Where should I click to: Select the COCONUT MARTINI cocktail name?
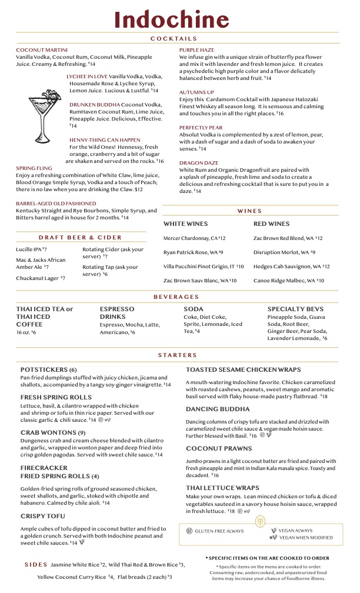(42, 50)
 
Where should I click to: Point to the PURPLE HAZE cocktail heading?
(196, 50)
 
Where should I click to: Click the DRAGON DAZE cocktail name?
(198, 163)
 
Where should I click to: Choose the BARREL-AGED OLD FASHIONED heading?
(56, 204)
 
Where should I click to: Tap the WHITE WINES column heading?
(185, 224)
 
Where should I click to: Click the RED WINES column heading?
(271, 224)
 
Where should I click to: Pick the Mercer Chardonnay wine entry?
(194, 238)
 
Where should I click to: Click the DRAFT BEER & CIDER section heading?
(81, 238)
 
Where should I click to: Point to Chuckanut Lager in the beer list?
(40, 278)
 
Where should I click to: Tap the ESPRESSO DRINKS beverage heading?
(117, 312)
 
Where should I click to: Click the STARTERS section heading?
(177, 355)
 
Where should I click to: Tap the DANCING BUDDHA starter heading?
(218, 409)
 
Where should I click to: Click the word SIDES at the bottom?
(36, 565)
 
